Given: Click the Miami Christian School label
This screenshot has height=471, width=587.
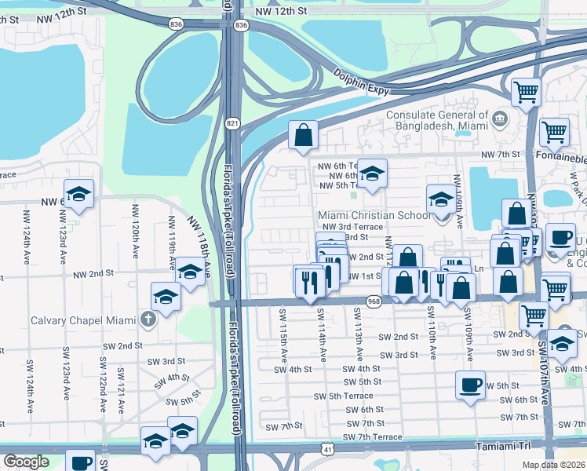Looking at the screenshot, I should (x=374, y=215).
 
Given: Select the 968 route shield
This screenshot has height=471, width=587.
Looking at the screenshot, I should (x=374, y=303).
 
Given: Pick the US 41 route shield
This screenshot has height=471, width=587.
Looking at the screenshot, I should (x=327, y=447).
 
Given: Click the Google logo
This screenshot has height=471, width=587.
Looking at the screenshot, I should (x=26, y=461).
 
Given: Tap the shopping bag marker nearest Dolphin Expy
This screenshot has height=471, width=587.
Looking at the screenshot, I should (x=303, y=136).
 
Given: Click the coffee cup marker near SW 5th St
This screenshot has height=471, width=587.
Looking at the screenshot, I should (x=470, y=385).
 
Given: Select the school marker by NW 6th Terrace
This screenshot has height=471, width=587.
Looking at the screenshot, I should (x=373, y=173).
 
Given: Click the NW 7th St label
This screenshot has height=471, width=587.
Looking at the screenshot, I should (x=501, y=154).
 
